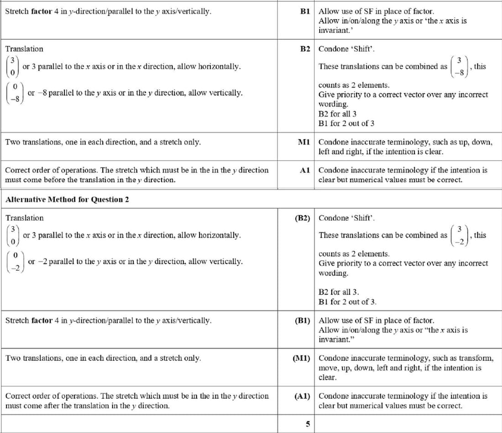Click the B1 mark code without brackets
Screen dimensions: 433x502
[x=305, y=11]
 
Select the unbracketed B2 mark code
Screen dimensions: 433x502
[x=305, y=49]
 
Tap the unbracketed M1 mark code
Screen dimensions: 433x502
[x=304, y=142]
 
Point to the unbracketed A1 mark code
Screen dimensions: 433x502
[x=305, y=170]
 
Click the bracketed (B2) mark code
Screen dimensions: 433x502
[x=303, y=218]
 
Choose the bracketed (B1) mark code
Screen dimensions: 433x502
[x=303, y=320]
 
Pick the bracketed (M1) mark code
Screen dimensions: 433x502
[x=301, y=358]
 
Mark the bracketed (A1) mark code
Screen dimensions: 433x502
[x=303, y=396]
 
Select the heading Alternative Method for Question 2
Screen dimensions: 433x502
[x=67, y=199]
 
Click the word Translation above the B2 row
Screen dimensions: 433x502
[x=25, y=49]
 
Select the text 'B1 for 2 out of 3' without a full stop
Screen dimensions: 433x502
[x=347, y=123]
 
